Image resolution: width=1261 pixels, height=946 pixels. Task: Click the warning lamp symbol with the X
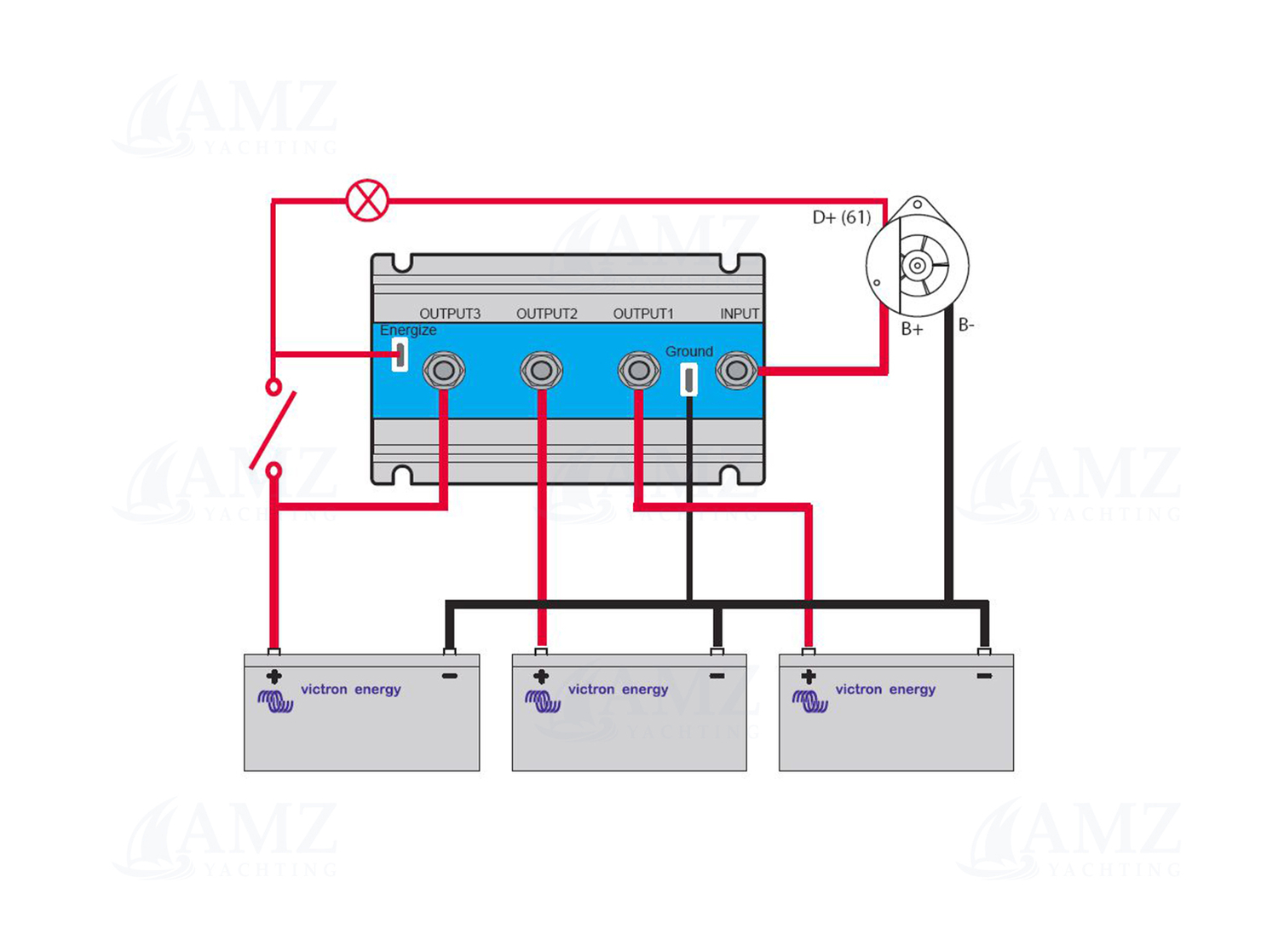coord(367,201)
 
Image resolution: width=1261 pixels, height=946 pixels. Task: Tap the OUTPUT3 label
coord(449,314)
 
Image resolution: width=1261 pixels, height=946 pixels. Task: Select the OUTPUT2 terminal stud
coord(541,371)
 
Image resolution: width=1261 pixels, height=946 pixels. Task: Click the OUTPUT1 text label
coord(643,314)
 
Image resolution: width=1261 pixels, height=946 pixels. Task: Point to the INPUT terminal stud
coord(736,371)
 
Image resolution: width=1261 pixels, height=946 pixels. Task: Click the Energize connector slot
coord(400,355)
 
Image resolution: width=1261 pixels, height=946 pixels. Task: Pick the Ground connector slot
coord(688,379)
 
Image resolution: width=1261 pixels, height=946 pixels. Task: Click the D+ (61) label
coord(841,217)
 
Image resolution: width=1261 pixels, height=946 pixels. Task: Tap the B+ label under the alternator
coord(912,329)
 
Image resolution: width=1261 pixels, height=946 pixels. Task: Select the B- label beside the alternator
coord(966,325)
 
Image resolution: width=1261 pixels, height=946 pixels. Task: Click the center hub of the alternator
coord(918,266)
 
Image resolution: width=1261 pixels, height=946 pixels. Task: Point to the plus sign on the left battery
coord(274,677)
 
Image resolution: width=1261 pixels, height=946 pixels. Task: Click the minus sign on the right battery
coord(984,676)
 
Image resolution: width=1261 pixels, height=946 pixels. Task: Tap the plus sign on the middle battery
coord(541,677)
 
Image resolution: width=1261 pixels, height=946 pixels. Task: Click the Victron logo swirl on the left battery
coord(275,701)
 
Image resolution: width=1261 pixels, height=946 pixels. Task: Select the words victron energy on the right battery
coord(885,689)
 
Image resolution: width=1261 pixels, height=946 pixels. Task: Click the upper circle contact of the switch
coord(274,388)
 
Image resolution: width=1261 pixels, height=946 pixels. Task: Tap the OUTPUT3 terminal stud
coord(444,371)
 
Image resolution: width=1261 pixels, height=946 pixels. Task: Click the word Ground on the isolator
coord(688,351)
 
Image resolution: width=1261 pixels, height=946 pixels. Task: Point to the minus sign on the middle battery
coord(717,676)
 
